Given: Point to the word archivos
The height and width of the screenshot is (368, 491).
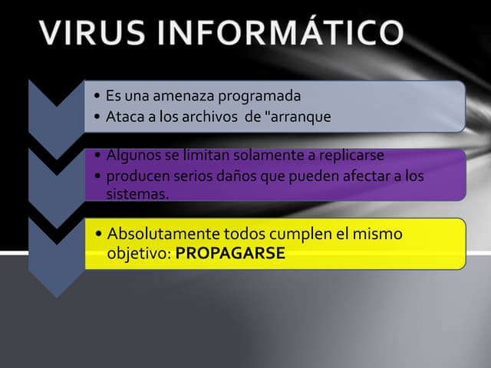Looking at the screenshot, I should (206, 117).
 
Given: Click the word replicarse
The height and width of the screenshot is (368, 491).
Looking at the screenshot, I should (347, 156).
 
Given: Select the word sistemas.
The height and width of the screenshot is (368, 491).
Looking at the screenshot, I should (137, 193).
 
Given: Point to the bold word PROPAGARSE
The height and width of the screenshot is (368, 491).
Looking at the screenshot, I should (230, 254).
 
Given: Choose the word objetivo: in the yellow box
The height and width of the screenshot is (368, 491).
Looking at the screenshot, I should (139, 254).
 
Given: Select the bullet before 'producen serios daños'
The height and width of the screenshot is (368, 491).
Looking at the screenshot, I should (99, 176).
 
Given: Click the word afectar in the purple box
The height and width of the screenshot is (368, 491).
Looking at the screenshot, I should (364, 176).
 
